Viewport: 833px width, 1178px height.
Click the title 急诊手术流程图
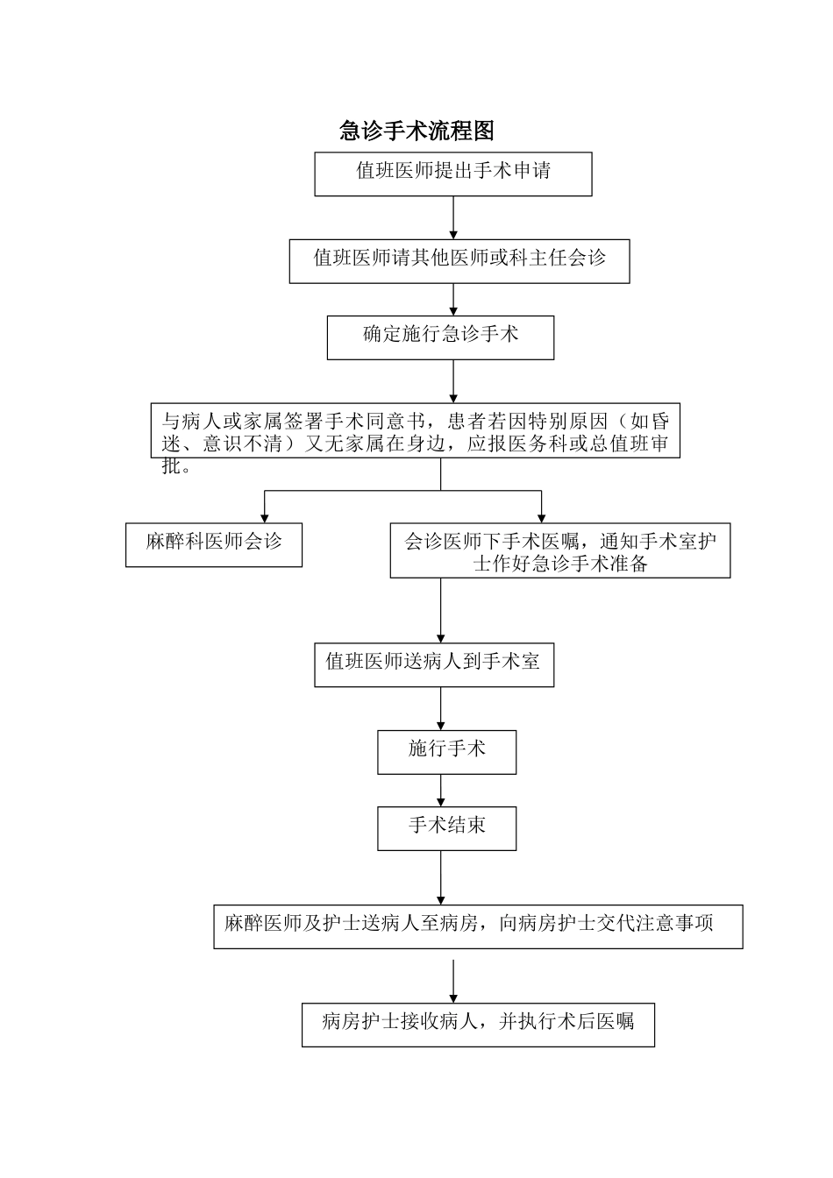[417, 131]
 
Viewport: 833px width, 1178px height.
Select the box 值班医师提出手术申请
[453, 174]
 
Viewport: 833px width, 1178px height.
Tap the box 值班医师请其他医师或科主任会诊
[459, 260]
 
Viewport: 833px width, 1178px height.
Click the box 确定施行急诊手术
[440, 337]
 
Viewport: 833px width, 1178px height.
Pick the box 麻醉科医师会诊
[214, 544]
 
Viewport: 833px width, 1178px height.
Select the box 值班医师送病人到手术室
[434, 664]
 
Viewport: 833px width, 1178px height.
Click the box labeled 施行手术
[446, 752]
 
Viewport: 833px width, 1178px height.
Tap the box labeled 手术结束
[446, 828]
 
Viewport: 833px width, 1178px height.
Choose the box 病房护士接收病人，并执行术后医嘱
[478, 1025]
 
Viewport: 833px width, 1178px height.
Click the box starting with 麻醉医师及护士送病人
[478, 926]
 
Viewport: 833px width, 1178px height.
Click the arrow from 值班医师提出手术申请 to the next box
[453, 217]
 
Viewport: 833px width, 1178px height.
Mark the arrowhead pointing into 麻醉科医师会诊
[265, 516]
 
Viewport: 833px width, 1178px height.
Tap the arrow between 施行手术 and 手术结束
[441, 791]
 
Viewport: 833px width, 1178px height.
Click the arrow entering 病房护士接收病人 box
[453, 982]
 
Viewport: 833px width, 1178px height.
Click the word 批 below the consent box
[172, 466]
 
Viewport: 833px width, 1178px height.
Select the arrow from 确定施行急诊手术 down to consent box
[453, 380]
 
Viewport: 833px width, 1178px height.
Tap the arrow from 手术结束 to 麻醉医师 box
[441, 877]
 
